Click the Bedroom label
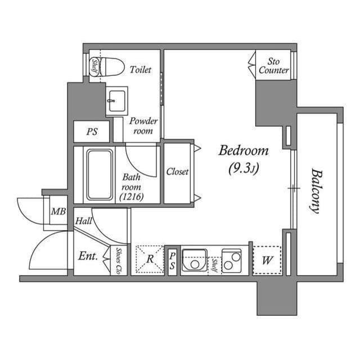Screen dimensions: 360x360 [x=244, y=151]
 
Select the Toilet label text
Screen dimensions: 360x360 [x=141, y=70]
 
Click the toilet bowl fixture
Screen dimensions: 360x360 [x=112, y=66]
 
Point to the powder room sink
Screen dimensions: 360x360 [x=116, y=101]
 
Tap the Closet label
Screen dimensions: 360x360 [x=177, y=172]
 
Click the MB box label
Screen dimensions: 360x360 [x=58, y=212]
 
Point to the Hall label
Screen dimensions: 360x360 [x=83, y=222]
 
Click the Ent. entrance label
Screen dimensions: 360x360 [x=88, y=256]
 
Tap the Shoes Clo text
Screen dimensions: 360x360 [x=119, y=260]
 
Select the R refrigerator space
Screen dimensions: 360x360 [x=150, y=260]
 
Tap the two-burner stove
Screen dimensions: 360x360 [x=231, y=260]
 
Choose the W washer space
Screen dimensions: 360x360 [x=267, y=260]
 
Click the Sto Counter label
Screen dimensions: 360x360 [x=273, y=66]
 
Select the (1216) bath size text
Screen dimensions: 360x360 [x=131, y=196]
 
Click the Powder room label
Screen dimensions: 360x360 [x=143, y=126]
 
